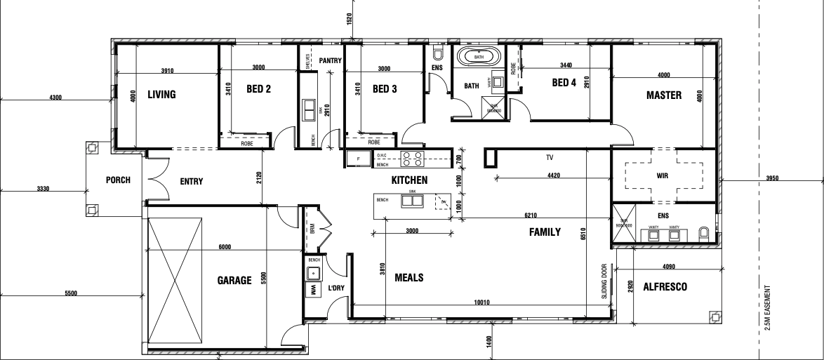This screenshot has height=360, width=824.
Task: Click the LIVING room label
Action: click(x=161, y=95)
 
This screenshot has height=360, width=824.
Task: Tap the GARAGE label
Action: click(x=234, y=281)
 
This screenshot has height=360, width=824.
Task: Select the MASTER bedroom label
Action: click(x=663, y=95)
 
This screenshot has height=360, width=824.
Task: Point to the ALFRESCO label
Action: click(x=664, y=287)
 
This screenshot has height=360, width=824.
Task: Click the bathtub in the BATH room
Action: click(x=478, y=57)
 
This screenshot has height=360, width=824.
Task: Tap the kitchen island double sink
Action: click(x=412, y=201)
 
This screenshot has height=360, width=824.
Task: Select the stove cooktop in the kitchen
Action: click(x=411, y=157)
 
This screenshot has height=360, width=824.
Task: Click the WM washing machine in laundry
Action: click(x=313, y=290)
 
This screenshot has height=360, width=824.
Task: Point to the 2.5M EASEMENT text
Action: click(x=770, y=312)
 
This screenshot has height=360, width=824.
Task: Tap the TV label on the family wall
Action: click(x=550, y=158)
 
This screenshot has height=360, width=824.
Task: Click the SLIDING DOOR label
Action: click(x=603, y=281)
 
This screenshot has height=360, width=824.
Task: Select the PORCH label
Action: click(x=118, y=180)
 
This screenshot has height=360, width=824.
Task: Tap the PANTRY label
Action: click(x=330, y=61)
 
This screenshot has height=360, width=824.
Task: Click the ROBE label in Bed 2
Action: click(x=246, y=143)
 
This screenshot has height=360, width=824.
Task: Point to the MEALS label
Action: click(x=408, y=277)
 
